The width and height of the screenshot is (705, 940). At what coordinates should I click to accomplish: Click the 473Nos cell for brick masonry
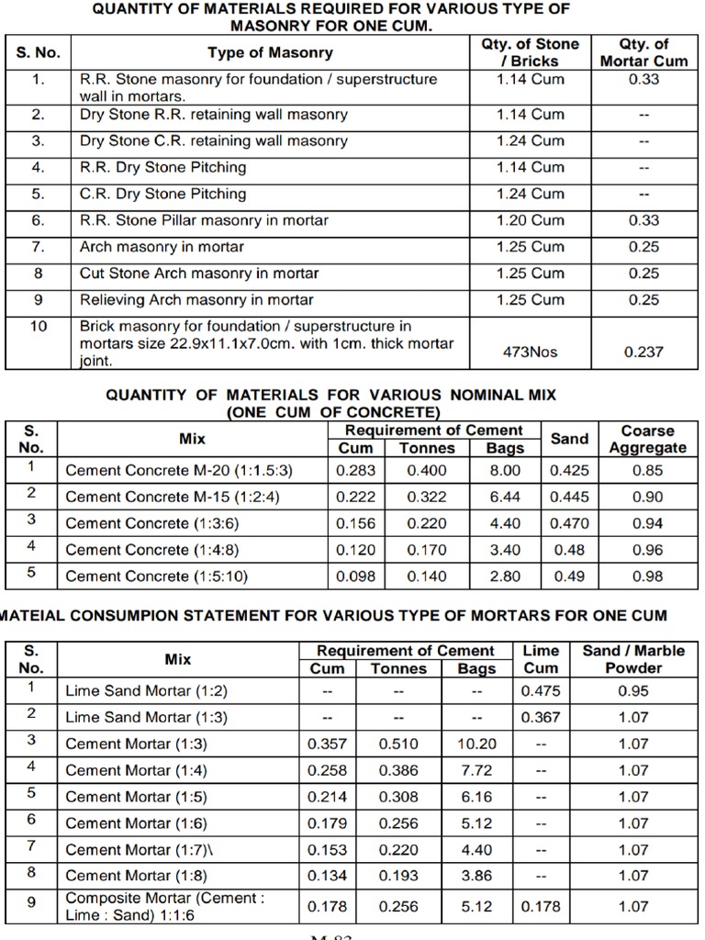click(531, 352)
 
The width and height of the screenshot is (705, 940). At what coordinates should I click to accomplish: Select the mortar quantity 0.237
click(643, 352)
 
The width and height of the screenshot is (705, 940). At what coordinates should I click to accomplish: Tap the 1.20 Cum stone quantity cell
click(531, 220)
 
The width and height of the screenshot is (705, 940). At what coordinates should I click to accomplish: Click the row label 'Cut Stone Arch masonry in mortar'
click(199, 274)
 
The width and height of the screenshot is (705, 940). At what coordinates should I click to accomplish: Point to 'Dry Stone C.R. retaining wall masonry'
click(213, 141)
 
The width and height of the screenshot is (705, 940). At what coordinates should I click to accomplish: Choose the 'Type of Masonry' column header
click(270, 53)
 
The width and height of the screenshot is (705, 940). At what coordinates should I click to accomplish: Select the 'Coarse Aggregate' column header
click(647, 439)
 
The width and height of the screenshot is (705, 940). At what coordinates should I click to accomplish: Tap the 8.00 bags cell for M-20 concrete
click(505, 471)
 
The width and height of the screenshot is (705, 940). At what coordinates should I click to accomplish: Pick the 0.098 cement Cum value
click(356, 576)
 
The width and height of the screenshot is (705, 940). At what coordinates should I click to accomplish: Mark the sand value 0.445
click(569, 498)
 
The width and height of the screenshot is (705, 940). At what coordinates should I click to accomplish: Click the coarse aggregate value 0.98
click(647, 576)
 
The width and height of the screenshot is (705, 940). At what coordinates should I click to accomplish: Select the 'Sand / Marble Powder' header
click(633, 659)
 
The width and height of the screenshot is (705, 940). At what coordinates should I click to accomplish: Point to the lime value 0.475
click(540, 691)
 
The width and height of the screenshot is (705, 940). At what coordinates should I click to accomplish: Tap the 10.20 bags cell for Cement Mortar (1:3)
click(476, 744)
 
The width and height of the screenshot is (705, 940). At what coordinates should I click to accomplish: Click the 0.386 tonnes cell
click(397, 771)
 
